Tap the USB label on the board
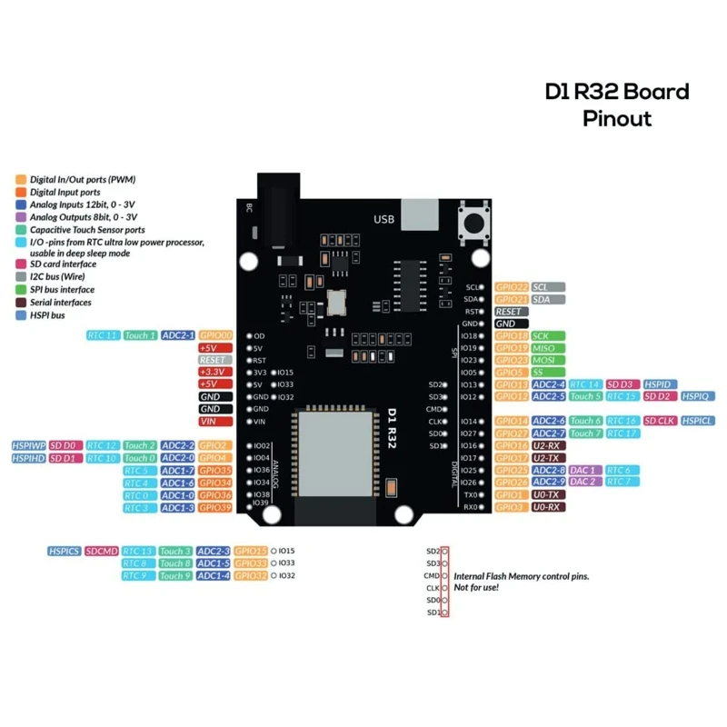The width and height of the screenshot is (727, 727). click(383, 220)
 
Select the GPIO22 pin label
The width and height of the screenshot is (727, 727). click(512, 287)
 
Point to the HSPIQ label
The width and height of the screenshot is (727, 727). click(698, 397)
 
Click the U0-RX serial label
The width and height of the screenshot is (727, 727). click(548, 507)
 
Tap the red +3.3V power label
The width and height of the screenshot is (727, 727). click(214, 373)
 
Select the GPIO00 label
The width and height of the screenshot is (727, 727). click(216, 336)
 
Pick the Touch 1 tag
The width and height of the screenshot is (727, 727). click(140, 336)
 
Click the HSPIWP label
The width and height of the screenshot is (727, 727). click(28, 446)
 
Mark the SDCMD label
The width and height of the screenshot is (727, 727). click(102, 552)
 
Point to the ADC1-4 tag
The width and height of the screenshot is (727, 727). click(214, 576)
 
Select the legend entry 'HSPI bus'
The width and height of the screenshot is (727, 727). click(47, 315)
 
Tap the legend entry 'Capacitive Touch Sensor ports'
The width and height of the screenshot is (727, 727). click(86, 230)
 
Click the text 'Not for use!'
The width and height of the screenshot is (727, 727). click(476, 588)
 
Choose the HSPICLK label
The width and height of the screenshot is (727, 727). click(697, 422)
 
